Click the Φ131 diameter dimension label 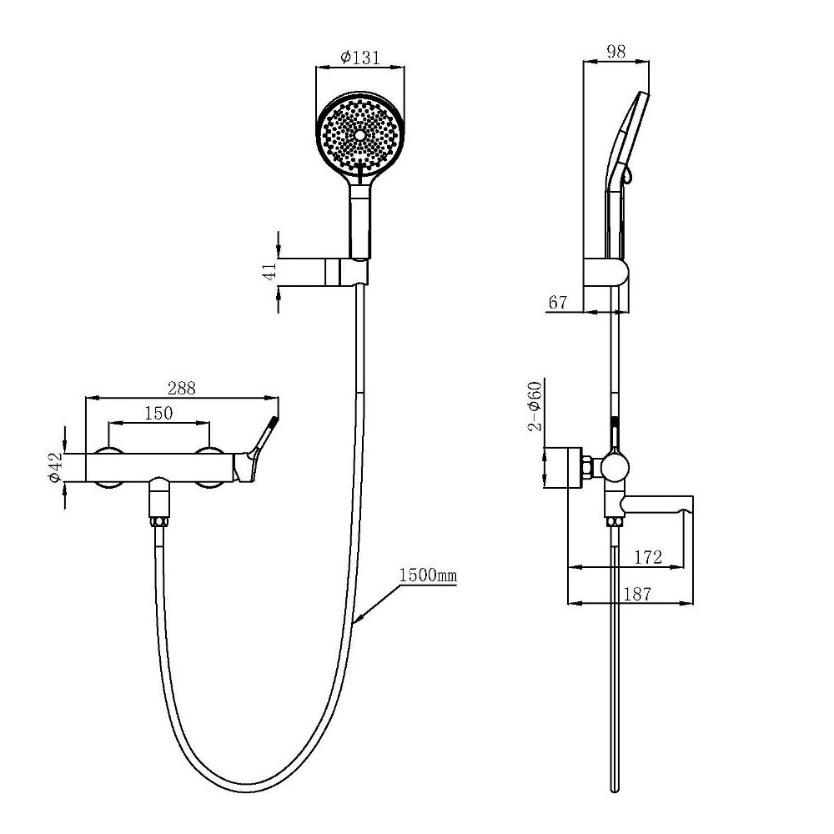(360, 57)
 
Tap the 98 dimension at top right (616, 52)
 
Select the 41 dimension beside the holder (270, 271)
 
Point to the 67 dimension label (557, 302)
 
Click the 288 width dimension (181, 388)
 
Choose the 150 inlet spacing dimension (158, 413)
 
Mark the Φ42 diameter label (55, 468)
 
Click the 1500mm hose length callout (428, 575)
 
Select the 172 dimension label (648, 557)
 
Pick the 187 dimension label (636, 594)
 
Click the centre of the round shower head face (360, 135)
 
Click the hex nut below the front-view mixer (159, 522)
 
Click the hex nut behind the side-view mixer (589, 468)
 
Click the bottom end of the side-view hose (615, 790)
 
